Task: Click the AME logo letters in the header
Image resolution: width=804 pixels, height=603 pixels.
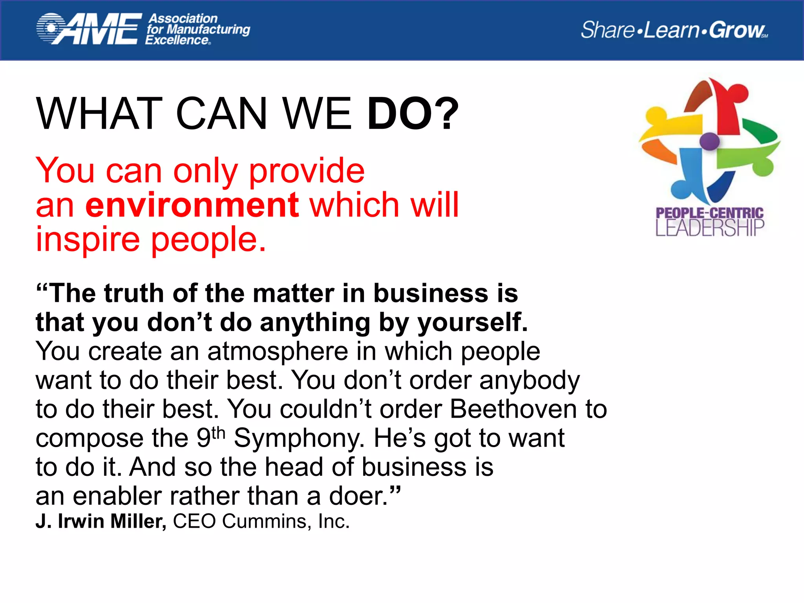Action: coord(98,29)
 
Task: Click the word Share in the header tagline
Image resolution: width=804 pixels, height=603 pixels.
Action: coord(607,30)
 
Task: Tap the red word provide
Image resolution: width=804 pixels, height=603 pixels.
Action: coord(307,171)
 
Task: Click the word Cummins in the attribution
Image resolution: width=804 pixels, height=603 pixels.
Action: coord(265,522)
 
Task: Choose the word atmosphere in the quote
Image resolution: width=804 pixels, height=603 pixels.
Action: coord(278,351)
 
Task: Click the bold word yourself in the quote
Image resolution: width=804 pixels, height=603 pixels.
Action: coord(472,323)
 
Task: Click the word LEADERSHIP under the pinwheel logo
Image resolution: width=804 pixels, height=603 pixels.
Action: coord(710,228)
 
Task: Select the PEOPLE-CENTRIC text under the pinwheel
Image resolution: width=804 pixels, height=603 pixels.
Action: coord(710,213)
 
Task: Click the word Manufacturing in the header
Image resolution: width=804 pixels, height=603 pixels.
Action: coord(208,29)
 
